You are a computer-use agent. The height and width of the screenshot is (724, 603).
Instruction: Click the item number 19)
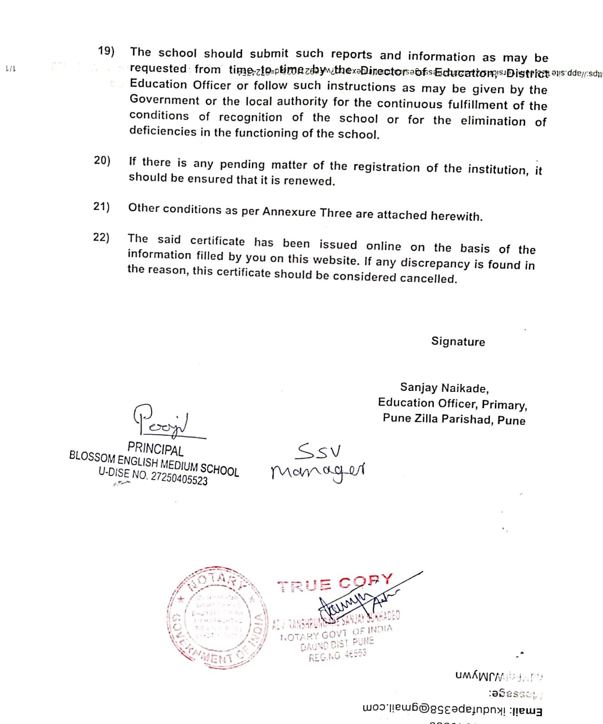(x=106, y=51)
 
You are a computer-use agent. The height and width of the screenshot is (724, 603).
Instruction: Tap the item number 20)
(x=102, y=160)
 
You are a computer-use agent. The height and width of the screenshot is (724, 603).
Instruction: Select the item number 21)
(x=101, y=207)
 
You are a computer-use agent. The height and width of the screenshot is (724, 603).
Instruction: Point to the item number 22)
(x=101, y=237)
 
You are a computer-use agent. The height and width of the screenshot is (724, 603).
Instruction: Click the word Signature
(x=458, y=342)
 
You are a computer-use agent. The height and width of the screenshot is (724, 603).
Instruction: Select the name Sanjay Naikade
(x=444, y=388)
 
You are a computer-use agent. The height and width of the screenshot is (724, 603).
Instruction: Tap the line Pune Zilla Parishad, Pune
(x=454, y=419)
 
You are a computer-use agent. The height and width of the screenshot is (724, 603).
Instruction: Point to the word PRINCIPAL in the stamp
(x=155, y=449)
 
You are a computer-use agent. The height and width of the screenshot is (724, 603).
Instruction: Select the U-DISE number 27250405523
(x=179, y=478)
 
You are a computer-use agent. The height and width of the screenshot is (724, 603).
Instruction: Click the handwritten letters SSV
(x=318, y=452)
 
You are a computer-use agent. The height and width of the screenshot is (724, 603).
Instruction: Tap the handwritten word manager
(x=318, y=471)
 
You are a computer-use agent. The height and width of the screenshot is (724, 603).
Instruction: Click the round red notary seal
(x=217, y=617)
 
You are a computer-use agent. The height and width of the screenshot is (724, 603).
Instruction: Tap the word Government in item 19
(x=164, y=100)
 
